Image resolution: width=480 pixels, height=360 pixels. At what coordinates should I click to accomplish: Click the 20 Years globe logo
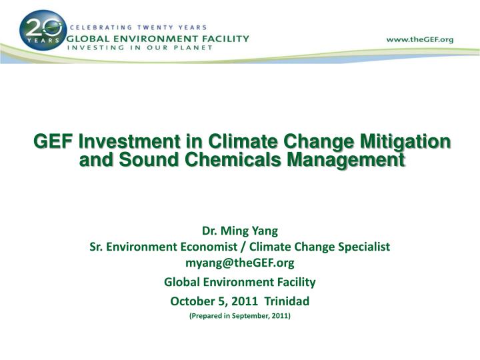pyautogui.click(x=43, y=31)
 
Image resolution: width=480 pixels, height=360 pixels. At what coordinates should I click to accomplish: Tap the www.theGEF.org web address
pyautogui.click(x=420, y=39)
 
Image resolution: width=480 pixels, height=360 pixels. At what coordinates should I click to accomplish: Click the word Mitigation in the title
pyautogui.click(x=405, y=142)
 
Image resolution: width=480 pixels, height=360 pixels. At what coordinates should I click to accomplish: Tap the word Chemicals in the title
pyautogui.click(x=233, y=160)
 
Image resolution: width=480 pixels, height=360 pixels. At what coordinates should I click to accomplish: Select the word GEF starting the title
pyautogui.click(x=53, y=141)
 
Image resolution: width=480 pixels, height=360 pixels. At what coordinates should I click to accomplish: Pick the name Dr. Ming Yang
pyautogui.click(x=240, y=231)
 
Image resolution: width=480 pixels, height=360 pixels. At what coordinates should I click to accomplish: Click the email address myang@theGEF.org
pyautogui.click(x=240, y=263)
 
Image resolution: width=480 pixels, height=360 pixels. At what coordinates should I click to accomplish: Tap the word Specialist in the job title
pyautogui.click(x=364, y=247)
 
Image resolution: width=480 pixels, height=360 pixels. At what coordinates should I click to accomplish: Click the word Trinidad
pyautogui.click(x=287, y=301)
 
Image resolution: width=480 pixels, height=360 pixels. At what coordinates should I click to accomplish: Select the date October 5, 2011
pyautogui.click(x=214, y=301)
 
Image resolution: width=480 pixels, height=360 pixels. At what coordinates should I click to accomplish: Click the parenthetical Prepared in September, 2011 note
pyautogui.click(x=240, y=316)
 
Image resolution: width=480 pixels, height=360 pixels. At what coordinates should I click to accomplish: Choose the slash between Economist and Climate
pyautogui.click(x=244, y=247)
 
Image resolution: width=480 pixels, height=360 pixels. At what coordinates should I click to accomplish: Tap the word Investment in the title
pyautogui.click(x=129, y=141)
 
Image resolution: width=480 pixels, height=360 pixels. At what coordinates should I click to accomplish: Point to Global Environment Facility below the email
pyautogui.click(x=240, y=282)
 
